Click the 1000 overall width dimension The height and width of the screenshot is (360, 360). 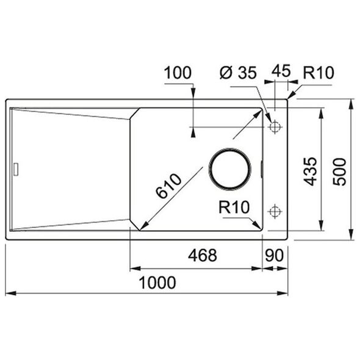pos(157,283)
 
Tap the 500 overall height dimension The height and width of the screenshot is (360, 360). pos(339,171)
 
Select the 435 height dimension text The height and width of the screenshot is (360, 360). pos(310,171)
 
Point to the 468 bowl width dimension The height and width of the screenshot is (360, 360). pos(202,255)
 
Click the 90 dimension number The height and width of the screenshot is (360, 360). pos(275,255)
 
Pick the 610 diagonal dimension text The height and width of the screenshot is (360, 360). pos(168,186)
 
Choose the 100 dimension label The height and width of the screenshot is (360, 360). pos(178,73)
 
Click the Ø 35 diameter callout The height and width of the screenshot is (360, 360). pos(238,73)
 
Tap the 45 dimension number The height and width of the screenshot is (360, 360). pos(281,71)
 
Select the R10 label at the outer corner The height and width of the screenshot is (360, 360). pos(319,73)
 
